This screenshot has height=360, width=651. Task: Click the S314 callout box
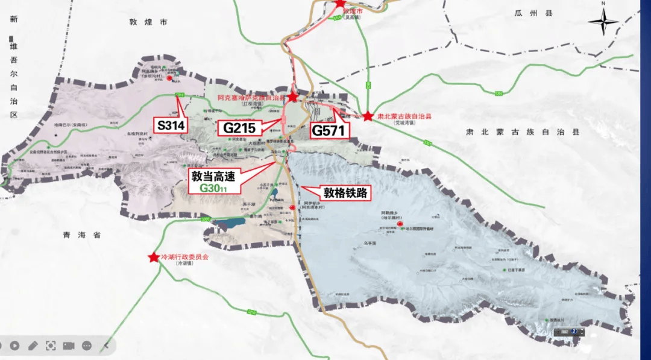[171, 126]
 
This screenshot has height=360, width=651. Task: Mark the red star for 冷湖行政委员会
[153, 257]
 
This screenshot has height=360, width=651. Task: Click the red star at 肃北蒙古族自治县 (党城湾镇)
[368, 115]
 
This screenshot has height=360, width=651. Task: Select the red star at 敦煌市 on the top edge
[340, 3]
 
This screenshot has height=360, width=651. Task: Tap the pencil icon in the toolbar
[33, 346]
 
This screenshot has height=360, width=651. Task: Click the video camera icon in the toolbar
[69, 346]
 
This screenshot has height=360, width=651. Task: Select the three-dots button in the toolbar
[87, 346]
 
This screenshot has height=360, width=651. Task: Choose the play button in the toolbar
[14, 346]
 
